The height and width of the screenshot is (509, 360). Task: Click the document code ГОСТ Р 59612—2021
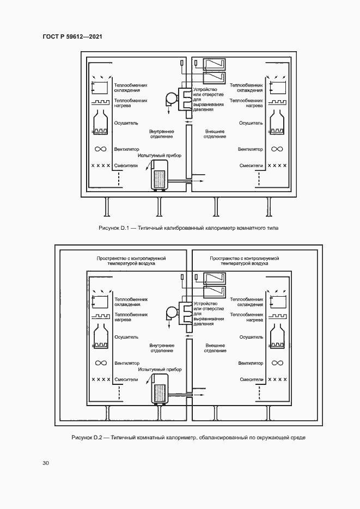[x=72, y=36]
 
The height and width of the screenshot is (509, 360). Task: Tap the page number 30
[x=46, y=463]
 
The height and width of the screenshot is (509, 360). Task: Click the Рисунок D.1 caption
[x=188, y=228]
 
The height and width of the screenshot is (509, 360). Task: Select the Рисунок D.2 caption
[x=188, y=438]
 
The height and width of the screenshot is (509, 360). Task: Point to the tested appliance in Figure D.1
[x=160, y=175]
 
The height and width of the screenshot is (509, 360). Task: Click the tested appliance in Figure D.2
[x=160, y=389]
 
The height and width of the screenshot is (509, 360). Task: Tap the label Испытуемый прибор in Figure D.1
[x=160, y=156]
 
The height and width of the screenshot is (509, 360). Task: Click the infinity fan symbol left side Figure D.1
[x=101, y=149]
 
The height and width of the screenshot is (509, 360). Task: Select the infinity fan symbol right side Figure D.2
[x=277, y=363]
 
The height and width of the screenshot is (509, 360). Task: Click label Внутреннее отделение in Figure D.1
[x=161, y=134]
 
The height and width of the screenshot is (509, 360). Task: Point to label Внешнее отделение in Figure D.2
[x=215, y=348]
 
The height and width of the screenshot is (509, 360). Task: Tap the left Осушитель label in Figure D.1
[x=126, y=123]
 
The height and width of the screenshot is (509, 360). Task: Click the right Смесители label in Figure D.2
[x=252, y=379]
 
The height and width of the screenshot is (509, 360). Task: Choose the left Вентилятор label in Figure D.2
[x=127, y=363]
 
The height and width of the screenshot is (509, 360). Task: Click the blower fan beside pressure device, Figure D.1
[x=171, y=100]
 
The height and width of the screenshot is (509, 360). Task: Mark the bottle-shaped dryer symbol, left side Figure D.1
[x=101, y=122]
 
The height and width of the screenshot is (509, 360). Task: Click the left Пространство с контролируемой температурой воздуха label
[x=131, y=261]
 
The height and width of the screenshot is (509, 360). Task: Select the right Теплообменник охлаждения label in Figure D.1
[x=246, y=88]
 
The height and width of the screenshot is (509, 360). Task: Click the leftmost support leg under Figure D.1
[x=107, y=206]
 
